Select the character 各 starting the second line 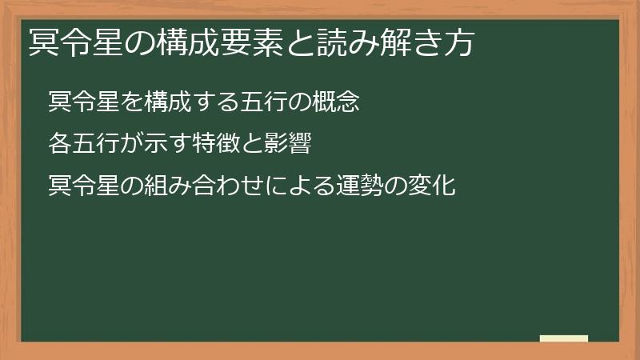pyautogui.click(x=59, y=145)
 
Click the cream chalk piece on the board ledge pyautogui.click(x=563, y=338)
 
